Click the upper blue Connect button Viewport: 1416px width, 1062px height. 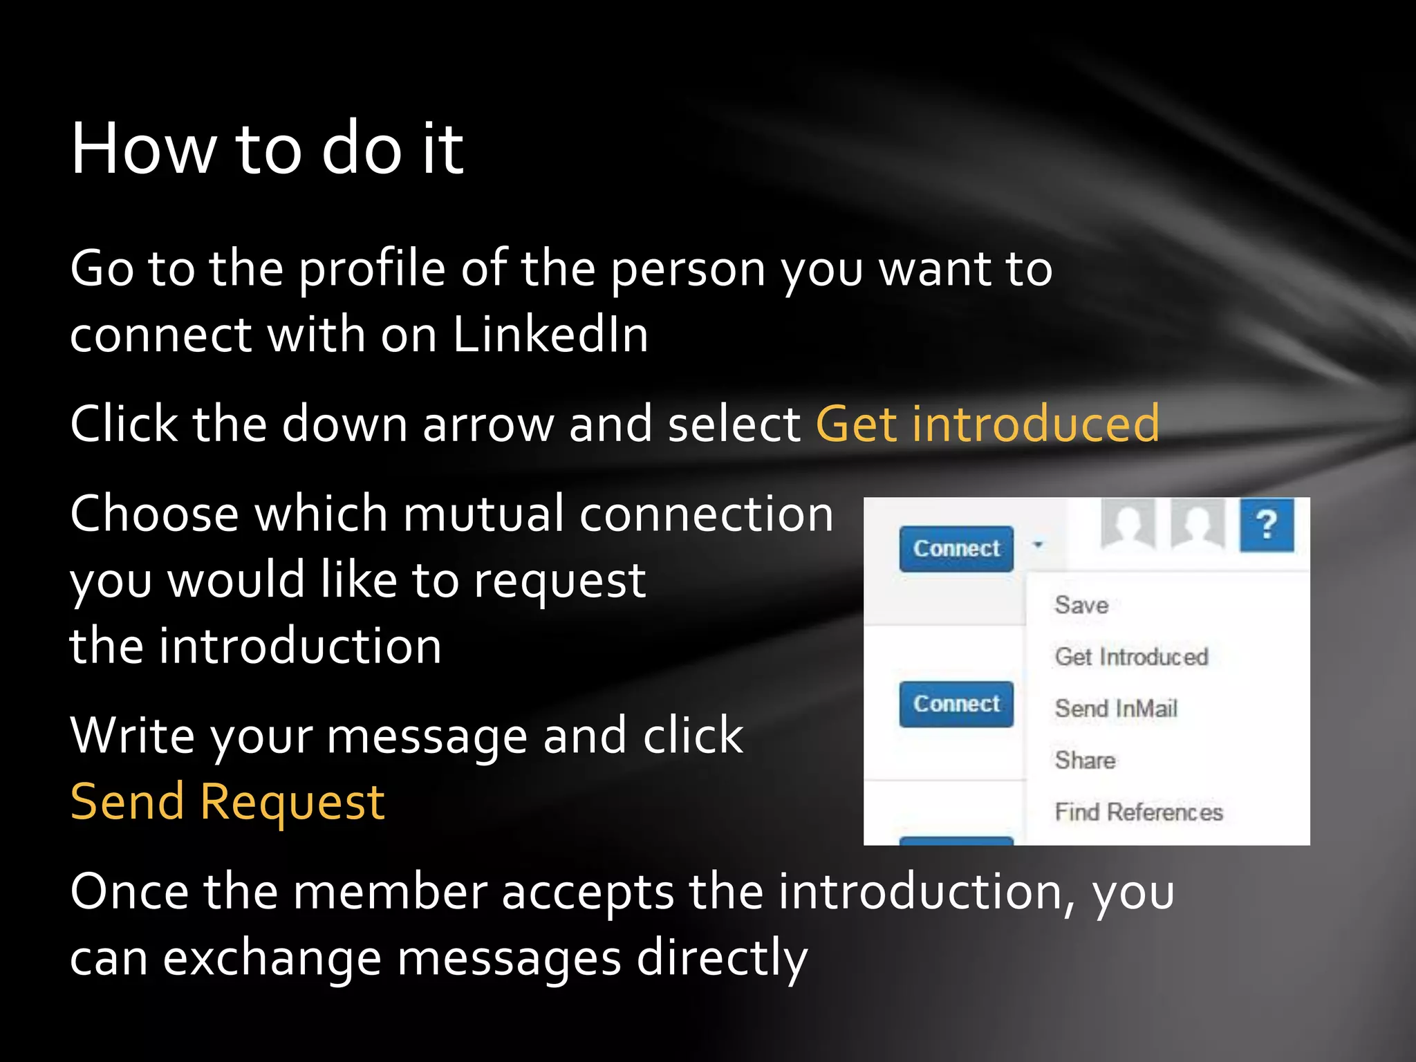(x=956, y=549)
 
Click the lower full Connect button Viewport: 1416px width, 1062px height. (x=956, y=704)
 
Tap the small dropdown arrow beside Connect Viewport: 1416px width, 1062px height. (x=1037, y=546)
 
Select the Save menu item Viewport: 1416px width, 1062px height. (x=1081, y=605)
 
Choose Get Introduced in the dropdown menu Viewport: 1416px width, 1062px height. (x=1131, y=657)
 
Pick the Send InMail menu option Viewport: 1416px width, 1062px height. (x=1115, y=709)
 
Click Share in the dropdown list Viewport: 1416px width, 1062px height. (x=1085, y=761)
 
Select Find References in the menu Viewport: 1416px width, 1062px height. (x=1139, y=812)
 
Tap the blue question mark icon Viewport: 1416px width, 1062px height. (x=1267, y=525)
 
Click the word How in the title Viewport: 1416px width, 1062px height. (x=144, y=149)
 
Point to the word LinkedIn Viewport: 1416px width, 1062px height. (x=550, y=335)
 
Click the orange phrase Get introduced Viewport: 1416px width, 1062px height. (x=987, y=424)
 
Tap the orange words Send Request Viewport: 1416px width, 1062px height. (x=227, y=803)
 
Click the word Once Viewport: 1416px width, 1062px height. (x=129, y=892)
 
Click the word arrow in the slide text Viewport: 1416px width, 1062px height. (x=488, y=424)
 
